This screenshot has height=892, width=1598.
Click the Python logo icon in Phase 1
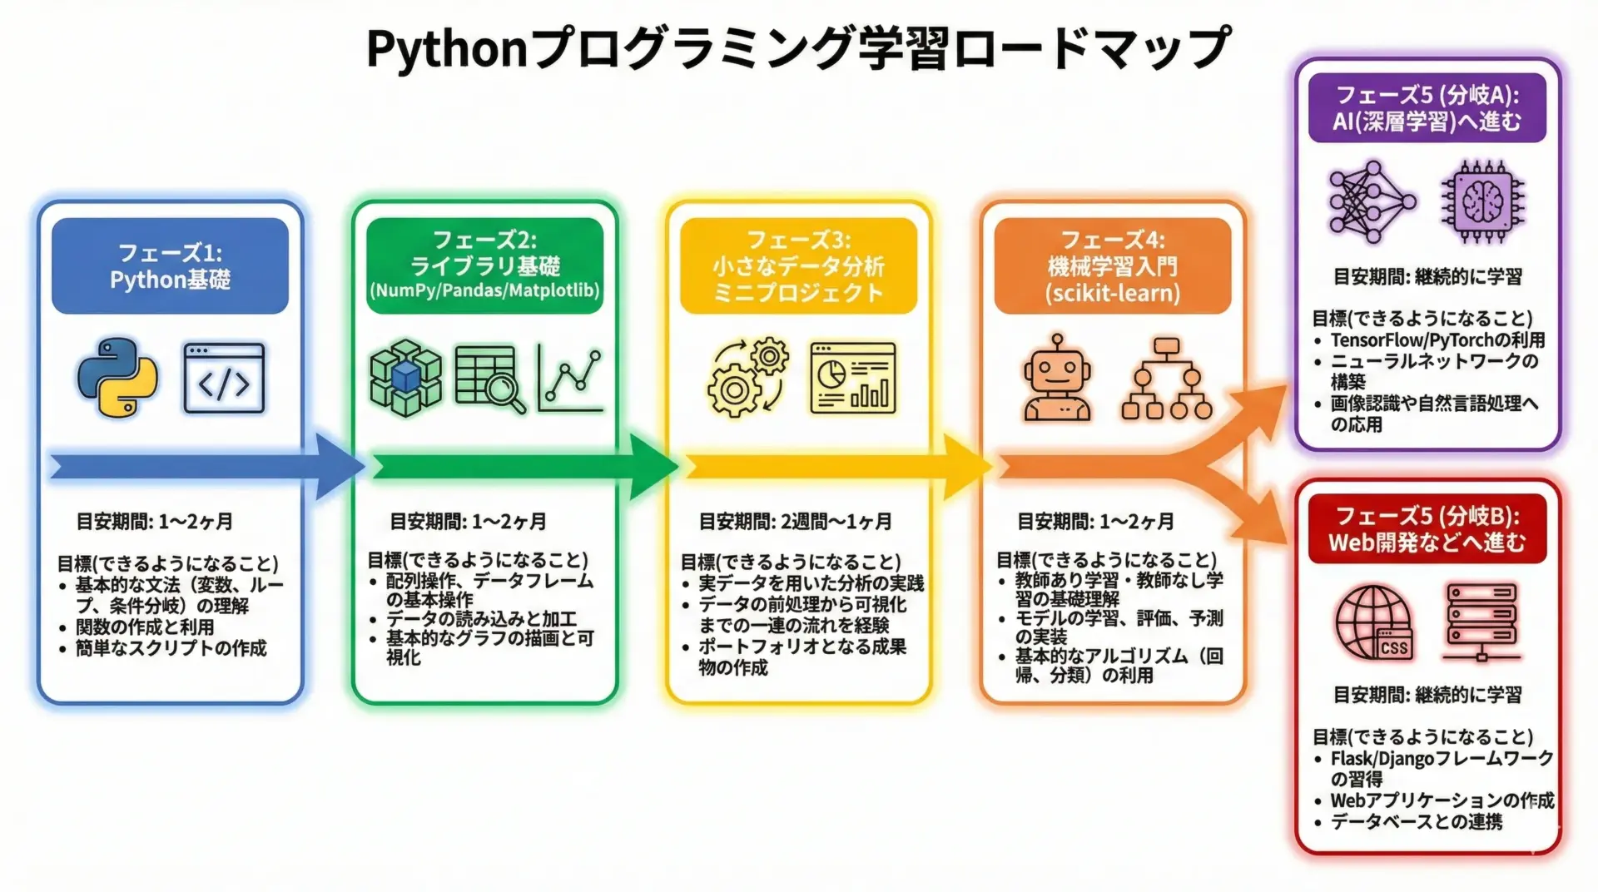click(117, 377)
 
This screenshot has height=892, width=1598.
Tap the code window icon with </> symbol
click(224, 379)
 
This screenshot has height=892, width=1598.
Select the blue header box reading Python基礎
click(170, 266)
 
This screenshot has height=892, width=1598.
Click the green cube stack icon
click(405, 378)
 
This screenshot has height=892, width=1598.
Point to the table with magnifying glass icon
click(490, 379)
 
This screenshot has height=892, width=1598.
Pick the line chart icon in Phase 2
click(570, 379)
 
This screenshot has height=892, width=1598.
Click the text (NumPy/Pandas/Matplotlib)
click(484, 290)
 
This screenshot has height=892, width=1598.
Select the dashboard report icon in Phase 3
click(853, 378)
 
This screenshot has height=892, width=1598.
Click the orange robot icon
click(1057, 378)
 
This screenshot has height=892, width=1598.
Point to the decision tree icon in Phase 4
click(1166, 379)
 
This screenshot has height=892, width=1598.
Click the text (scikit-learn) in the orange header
click(1113, 293)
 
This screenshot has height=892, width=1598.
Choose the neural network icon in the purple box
click(1372, 201)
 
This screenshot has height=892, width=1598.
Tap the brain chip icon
click(1483, 201)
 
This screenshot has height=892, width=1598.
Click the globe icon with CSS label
click(1374, 622)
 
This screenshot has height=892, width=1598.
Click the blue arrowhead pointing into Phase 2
click(339, 467)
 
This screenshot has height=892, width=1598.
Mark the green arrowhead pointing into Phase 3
click(653, 467)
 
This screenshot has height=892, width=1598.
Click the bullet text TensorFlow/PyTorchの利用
click(1437, 339)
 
